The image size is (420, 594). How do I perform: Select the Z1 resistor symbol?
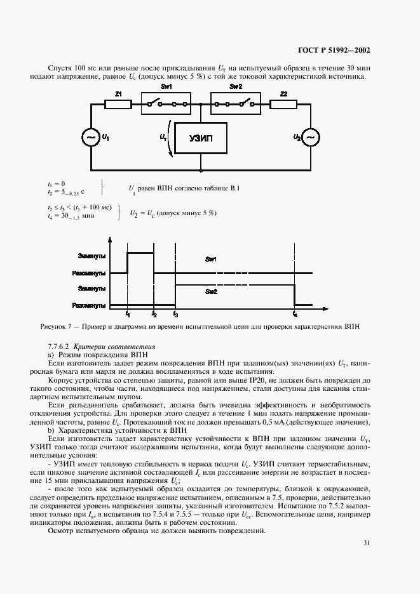click(x=119, y=103)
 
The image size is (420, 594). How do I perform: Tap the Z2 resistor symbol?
click(x=283, y=103)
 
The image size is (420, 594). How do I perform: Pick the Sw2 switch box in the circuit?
click(x=235, y=103)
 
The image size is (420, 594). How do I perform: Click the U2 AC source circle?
click(x=311, y=138)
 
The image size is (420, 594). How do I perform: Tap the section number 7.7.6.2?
click(x=60, y=346)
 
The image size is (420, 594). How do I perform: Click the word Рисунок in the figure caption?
click(x=55, y=327)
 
